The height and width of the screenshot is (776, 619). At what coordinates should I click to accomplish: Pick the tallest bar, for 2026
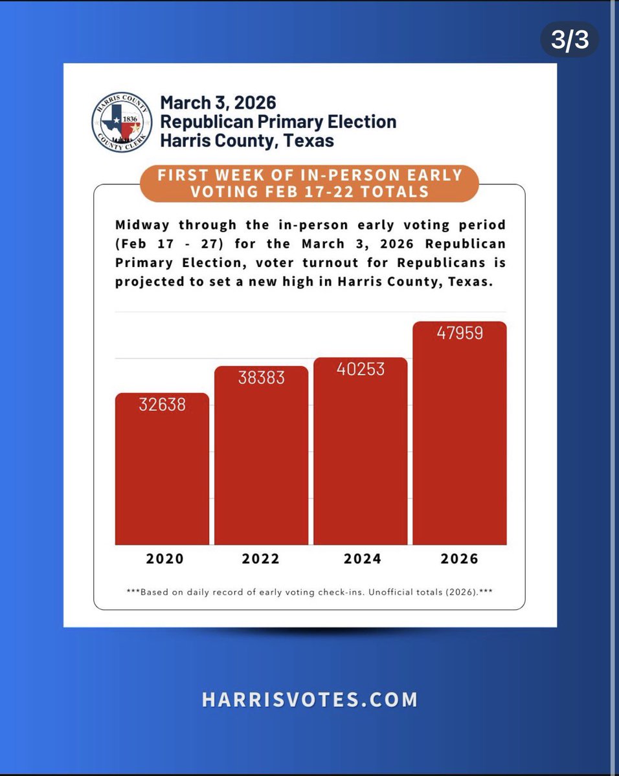460,433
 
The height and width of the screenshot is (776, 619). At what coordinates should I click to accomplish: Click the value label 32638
162,405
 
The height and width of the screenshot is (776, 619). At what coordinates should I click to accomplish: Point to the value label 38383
262,378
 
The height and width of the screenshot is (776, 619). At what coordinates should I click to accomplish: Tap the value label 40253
361,369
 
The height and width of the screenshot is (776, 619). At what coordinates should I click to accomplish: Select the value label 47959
460,334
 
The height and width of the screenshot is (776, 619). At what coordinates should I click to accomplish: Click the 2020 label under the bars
164,559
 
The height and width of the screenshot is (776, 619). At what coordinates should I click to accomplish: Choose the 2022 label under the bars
261,559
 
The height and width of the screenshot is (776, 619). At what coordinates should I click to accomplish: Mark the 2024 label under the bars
362,559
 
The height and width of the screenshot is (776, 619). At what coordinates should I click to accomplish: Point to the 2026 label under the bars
460,559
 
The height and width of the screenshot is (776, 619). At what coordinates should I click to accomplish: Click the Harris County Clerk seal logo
121,122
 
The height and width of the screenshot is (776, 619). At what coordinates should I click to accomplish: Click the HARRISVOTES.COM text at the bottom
309,700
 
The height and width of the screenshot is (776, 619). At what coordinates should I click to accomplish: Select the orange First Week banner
309,183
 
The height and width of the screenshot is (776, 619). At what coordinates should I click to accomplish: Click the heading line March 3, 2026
218,103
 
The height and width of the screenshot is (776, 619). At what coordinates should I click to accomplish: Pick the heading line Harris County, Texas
247,140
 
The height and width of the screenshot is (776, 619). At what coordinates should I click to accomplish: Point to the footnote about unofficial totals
309,592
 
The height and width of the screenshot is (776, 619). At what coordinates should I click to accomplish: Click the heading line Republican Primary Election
278,121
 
